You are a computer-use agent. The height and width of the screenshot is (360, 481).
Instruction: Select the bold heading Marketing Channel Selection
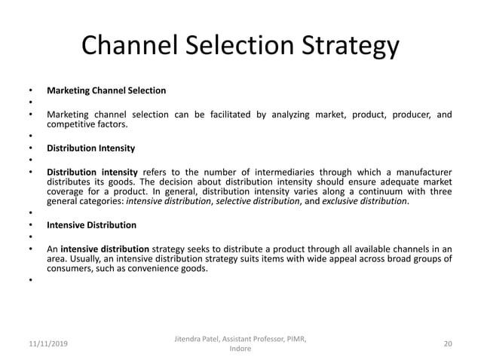[106, 91]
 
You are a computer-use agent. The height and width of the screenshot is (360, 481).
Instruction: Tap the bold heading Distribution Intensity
[91, 148]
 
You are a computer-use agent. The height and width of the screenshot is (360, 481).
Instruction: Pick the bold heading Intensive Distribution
[91, 225]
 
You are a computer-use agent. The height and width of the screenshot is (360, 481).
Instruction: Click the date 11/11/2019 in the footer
[44, 343]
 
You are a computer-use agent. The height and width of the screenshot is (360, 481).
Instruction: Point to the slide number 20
[448, 343]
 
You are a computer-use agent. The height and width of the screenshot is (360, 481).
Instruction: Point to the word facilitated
[213, 114]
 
